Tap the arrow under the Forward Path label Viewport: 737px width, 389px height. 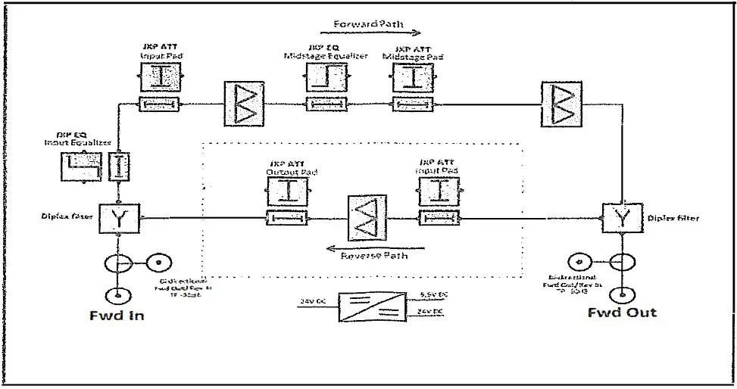(377, 33)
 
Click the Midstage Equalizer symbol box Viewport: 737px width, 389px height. (326, 78)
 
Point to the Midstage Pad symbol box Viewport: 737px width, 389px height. (413, 78)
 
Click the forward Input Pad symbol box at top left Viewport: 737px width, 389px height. (159, 78)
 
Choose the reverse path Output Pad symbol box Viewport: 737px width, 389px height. (286, 191)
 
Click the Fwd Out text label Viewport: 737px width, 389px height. (623, 312)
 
